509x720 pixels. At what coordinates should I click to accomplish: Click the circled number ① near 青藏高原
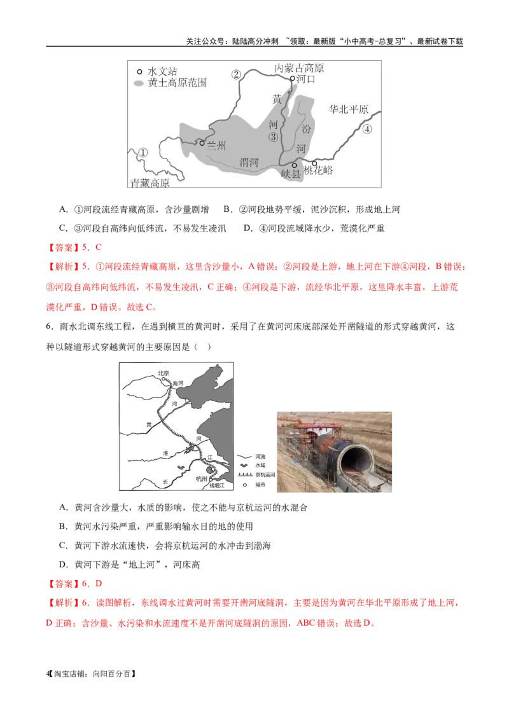coord(143,153)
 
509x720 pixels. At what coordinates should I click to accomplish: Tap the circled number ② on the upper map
coord(236,74)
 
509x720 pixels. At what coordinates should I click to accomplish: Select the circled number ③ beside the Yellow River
coord(273,137)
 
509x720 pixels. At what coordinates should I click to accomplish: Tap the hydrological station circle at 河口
coord(293,79)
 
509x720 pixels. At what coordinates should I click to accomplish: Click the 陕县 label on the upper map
coord(291,174)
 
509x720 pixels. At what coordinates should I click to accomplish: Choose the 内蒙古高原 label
coord(299,67)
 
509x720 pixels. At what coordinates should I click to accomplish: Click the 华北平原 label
coord(348,109)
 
